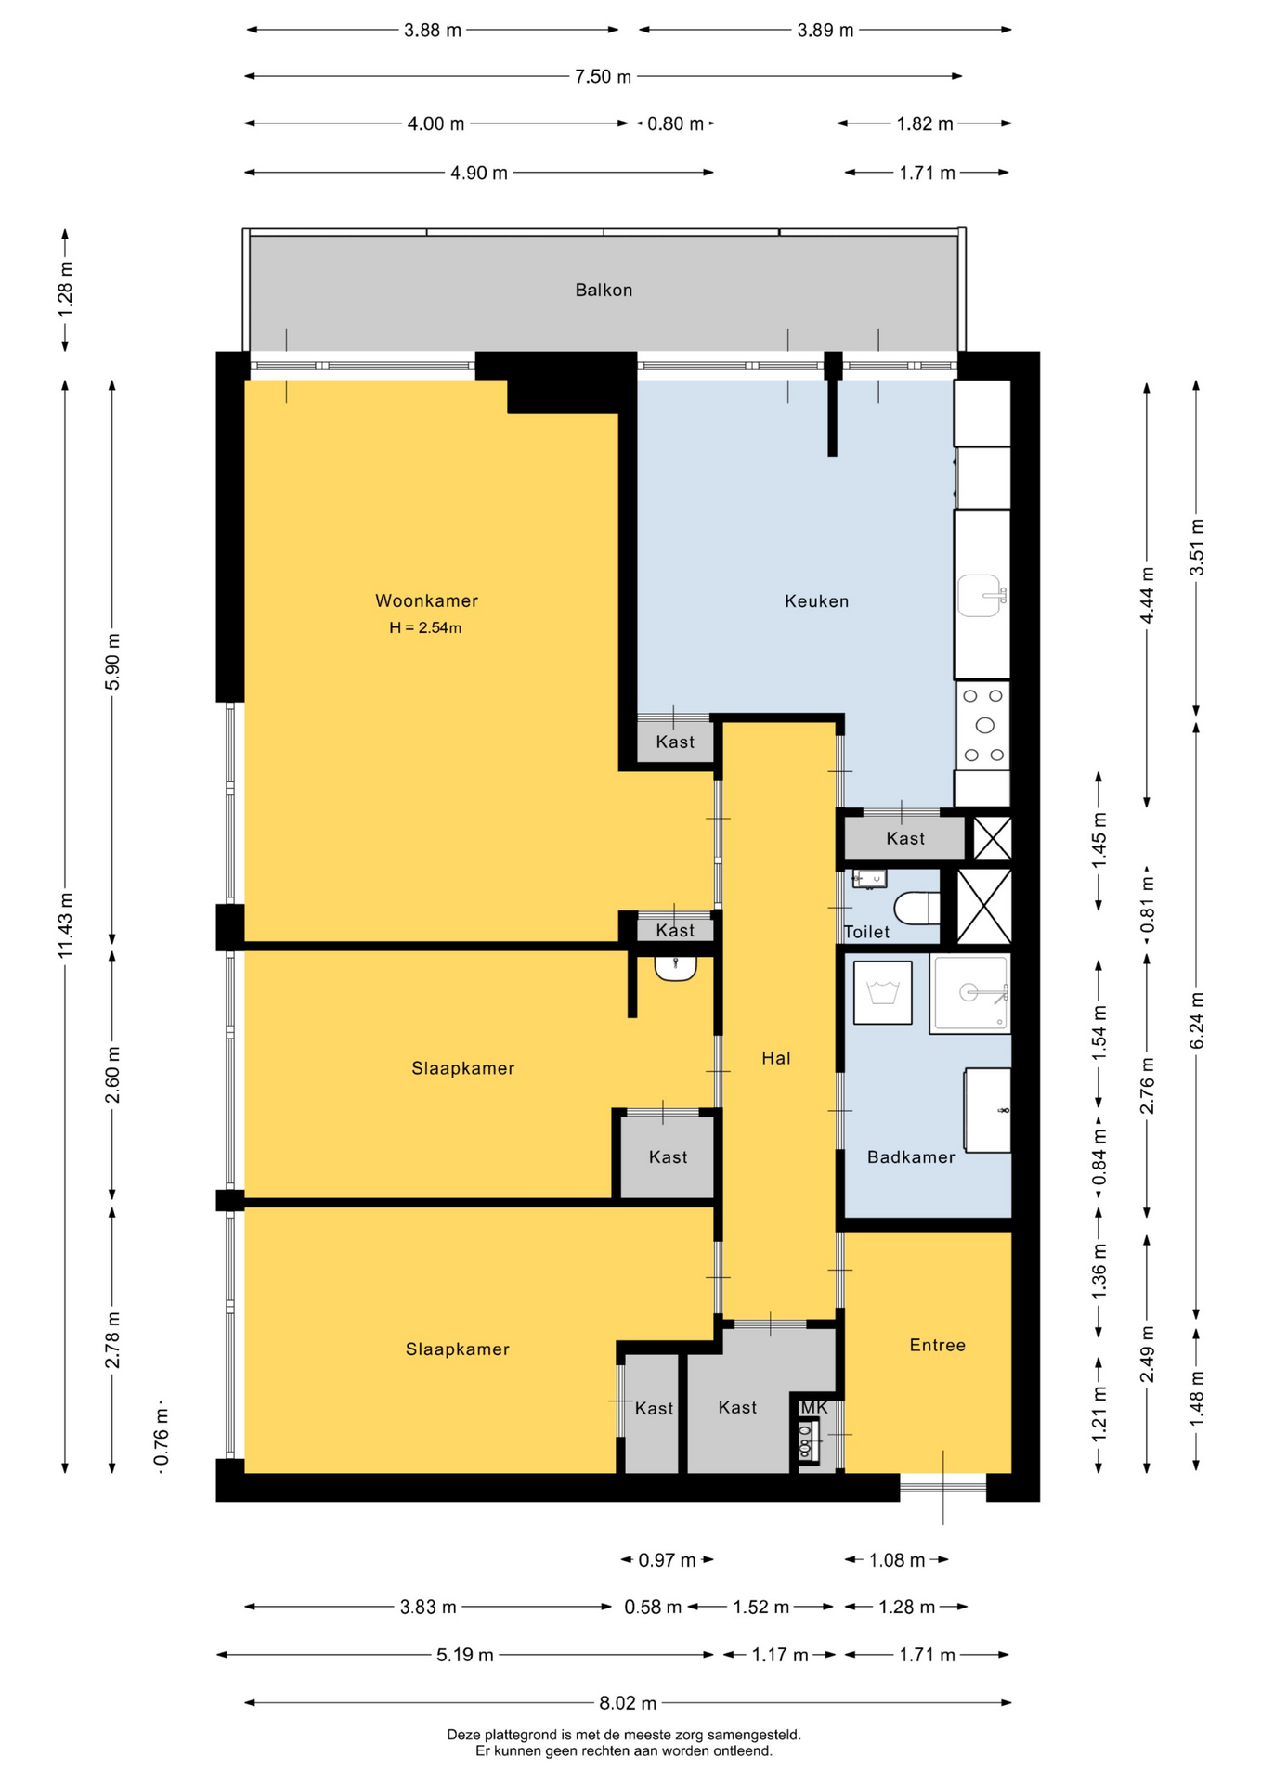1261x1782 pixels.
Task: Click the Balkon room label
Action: coord(604,291)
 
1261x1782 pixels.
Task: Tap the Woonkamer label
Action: coord(426,600)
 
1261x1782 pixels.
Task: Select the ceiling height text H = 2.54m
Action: coord(425,628)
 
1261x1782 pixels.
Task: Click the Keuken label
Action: coord(816,601)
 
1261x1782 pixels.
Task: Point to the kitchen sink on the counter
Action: coord(981,595)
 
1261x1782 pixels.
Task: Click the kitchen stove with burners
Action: coord(983,725)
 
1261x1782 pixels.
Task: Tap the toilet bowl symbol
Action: coord(917,908)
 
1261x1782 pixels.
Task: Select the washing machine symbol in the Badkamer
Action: coord(882,992)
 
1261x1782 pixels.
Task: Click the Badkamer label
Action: coord(911,1157)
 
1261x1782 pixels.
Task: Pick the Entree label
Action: coord(938,1345)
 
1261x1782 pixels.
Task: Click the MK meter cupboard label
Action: coord(813,1408)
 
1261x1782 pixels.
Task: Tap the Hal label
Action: coord(776,1058)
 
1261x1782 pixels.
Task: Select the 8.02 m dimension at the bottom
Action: coord(628,1703)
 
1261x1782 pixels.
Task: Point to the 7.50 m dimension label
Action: coord(603,77)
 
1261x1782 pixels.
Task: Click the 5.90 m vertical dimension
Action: coord(112,662)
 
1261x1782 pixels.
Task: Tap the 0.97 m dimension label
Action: coord(667,1560)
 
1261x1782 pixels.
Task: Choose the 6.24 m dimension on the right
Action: coord(1197,1020)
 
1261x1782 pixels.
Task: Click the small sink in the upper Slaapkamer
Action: coord(675,968)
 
